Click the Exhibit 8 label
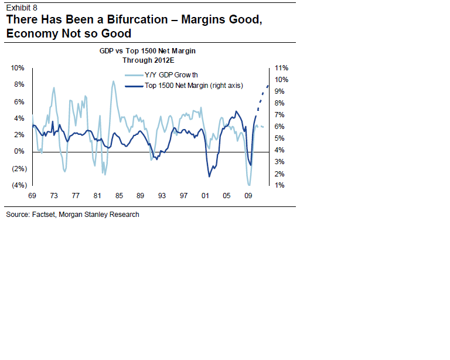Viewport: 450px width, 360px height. tap(22, 7)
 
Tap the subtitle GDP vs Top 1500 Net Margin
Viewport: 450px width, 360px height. tap(147, 51)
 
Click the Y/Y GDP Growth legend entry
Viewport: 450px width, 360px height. tap(171, 74)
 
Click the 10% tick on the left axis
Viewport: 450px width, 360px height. tap(18, 68)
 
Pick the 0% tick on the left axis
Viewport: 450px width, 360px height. tap(20, 151)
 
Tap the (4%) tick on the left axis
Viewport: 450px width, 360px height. tap(18, 185)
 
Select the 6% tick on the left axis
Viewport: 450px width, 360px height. tap(20, 101)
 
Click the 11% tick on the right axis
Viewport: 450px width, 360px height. tap(281, 68)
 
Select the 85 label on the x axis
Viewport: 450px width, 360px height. tap(119, 195)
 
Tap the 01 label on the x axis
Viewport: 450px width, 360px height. tap(205, 195)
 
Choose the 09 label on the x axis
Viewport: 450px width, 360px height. tap(248, 195)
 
